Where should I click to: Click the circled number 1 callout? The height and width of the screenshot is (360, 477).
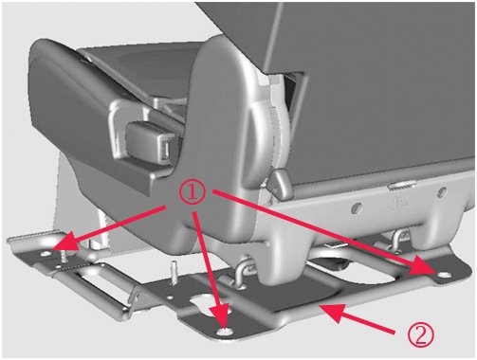coord(193,192)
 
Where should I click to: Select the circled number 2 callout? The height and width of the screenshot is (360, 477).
coord(420,335)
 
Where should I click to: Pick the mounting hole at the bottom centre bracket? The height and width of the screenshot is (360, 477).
coord(225,332)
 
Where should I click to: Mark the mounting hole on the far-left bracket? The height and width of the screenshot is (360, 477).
coord(46,253)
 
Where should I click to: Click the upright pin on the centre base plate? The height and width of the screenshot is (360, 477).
coord(174,273)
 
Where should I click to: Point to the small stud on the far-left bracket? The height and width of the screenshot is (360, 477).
coord(64,256)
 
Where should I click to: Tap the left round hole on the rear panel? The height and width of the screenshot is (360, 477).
coord(357,207)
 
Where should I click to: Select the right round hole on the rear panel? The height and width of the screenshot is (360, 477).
coord(442,192)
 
